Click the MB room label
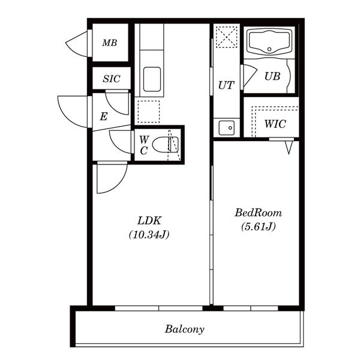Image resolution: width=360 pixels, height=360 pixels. (110, 43)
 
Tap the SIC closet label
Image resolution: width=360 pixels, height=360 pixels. (112, 79)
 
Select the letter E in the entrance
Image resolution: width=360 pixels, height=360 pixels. (104, 116)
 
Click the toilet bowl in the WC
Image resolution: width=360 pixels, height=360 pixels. (166, 145)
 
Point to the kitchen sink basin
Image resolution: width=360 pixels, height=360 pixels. (152, 79)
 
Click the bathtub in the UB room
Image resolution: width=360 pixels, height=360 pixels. (269, 42)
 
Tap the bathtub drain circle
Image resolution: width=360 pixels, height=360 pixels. (269, 49)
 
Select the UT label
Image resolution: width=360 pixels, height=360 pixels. (226, 85)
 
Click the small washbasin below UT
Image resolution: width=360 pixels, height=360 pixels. (227, 128)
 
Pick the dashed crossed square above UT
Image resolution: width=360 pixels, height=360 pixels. (226, 37)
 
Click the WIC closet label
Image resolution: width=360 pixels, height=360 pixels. (275, 124)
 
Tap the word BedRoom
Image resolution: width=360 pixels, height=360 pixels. (258, 213)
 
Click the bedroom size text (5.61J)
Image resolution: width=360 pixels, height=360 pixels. (258, 227)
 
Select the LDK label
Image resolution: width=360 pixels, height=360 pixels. (149, 221)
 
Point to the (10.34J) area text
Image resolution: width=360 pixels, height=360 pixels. (149, 235)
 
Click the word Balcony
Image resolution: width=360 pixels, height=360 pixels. (185, 329)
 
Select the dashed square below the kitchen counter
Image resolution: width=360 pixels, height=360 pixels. (149, 112)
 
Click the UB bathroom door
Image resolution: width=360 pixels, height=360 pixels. (249, 76)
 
